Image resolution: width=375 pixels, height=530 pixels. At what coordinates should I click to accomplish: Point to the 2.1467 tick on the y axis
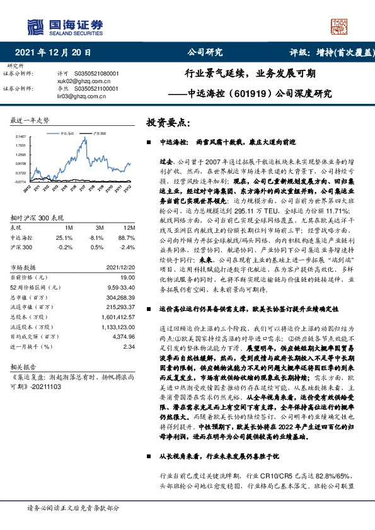point(21,137)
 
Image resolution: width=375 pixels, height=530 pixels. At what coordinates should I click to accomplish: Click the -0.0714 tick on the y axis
point(21,181)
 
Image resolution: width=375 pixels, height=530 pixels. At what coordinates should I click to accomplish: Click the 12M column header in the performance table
point(129,227)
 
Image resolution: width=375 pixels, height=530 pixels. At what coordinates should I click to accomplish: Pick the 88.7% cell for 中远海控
point(129,237)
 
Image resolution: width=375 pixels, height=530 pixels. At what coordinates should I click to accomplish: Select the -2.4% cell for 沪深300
point(129,247)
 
